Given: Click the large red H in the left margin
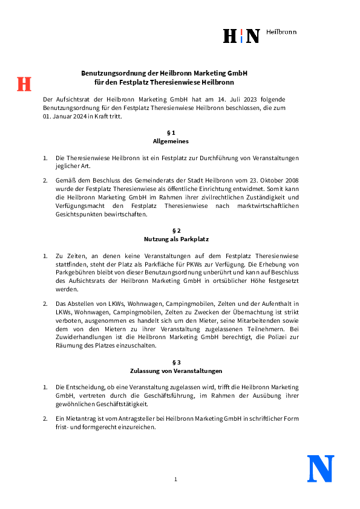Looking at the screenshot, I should [x=24, y=84].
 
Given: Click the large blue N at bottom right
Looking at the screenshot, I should [x=321, y=468].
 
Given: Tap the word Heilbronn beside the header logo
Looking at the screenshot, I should [x=281, y=32].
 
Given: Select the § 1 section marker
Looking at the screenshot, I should [x=171, y=132].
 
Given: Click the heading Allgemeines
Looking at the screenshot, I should [x=171, y=141].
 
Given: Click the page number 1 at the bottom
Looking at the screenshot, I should [x=175, y=479].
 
